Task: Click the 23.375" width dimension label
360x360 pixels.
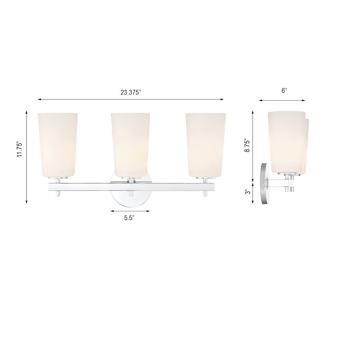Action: click(x=130, y=92)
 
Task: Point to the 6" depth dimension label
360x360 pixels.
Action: click(x=284, y=91)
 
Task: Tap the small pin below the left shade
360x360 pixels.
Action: click(x=58, y=193)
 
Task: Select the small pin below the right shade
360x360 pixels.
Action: click(x=205, y=193)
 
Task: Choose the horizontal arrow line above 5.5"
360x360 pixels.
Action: click(x=130, y=211)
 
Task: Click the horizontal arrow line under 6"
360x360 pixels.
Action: click(x=282, y=100)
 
